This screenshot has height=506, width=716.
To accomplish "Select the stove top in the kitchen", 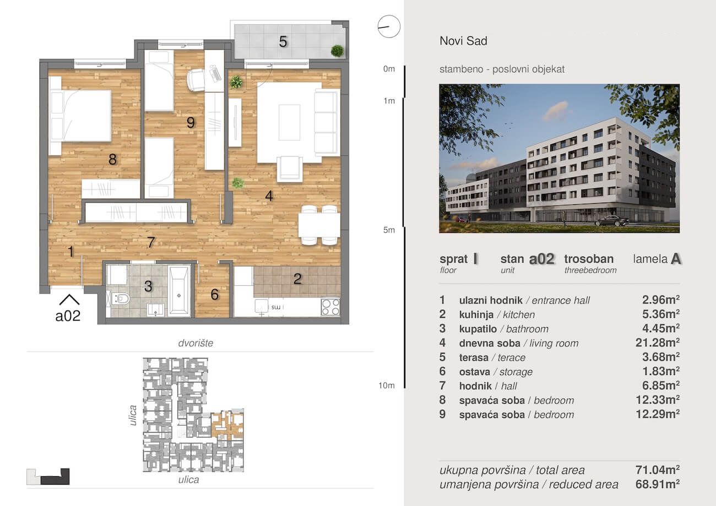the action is click(330, 307).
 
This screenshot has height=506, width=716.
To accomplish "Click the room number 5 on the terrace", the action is click(283, 42).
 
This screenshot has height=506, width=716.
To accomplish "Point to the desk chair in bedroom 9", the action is click(196, 80).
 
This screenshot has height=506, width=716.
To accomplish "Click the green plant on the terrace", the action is click(337, 51).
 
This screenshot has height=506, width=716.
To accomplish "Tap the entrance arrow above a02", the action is click(69, 300).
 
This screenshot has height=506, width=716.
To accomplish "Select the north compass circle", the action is click(389, 26).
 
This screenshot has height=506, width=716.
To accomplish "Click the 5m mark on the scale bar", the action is click(389, 230).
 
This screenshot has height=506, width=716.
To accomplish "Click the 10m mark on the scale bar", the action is click(387, 385).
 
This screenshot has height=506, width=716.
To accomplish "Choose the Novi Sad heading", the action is click(464, 41).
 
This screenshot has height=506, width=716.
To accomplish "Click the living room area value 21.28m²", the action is click(658, 342).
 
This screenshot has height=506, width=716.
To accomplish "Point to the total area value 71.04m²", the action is click(658, 470).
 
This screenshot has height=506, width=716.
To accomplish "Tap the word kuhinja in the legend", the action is click(476, 315).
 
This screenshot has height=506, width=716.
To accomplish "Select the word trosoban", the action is click(589, 259).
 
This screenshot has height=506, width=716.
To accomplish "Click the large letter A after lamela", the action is click(676, 259).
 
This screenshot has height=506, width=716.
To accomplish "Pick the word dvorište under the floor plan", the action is click(196, 343).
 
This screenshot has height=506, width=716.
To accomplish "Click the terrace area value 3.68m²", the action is click(661, 357).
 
